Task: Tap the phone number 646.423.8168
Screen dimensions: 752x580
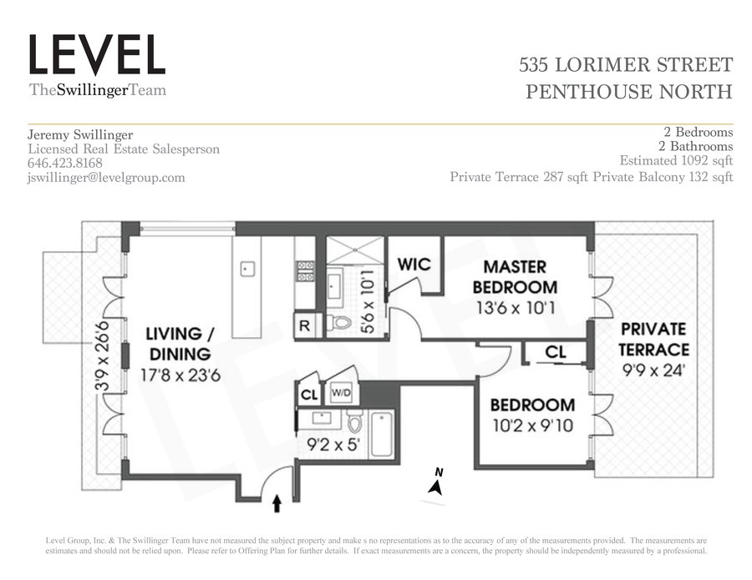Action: (65, 163)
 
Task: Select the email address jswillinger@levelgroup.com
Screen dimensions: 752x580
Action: (106, 178)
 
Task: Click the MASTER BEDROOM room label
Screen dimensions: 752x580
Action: (515, 277)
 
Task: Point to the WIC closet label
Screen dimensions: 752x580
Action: (414, 264)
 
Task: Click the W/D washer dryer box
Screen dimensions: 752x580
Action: (341, 393)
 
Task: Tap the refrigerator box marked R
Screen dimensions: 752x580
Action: (304, 325)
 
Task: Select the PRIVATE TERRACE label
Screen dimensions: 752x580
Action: (653, 339)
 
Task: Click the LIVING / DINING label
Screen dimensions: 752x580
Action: (180, 343)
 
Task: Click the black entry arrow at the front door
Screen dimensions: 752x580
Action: (277, 504)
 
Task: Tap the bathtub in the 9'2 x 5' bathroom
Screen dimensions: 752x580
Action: (382, 435)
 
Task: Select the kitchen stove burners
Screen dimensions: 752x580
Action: (305, 271)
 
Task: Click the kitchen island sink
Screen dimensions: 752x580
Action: (246, 268)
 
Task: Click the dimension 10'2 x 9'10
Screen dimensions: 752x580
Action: (532, 426)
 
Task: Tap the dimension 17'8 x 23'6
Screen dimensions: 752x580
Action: (180, 375)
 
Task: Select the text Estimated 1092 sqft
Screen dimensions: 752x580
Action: (676, 160)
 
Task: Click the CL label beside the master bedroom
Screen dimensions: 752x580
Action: (556, 352)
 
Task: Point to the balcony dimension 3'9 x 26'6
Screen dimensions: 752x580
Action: (102, 356)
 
